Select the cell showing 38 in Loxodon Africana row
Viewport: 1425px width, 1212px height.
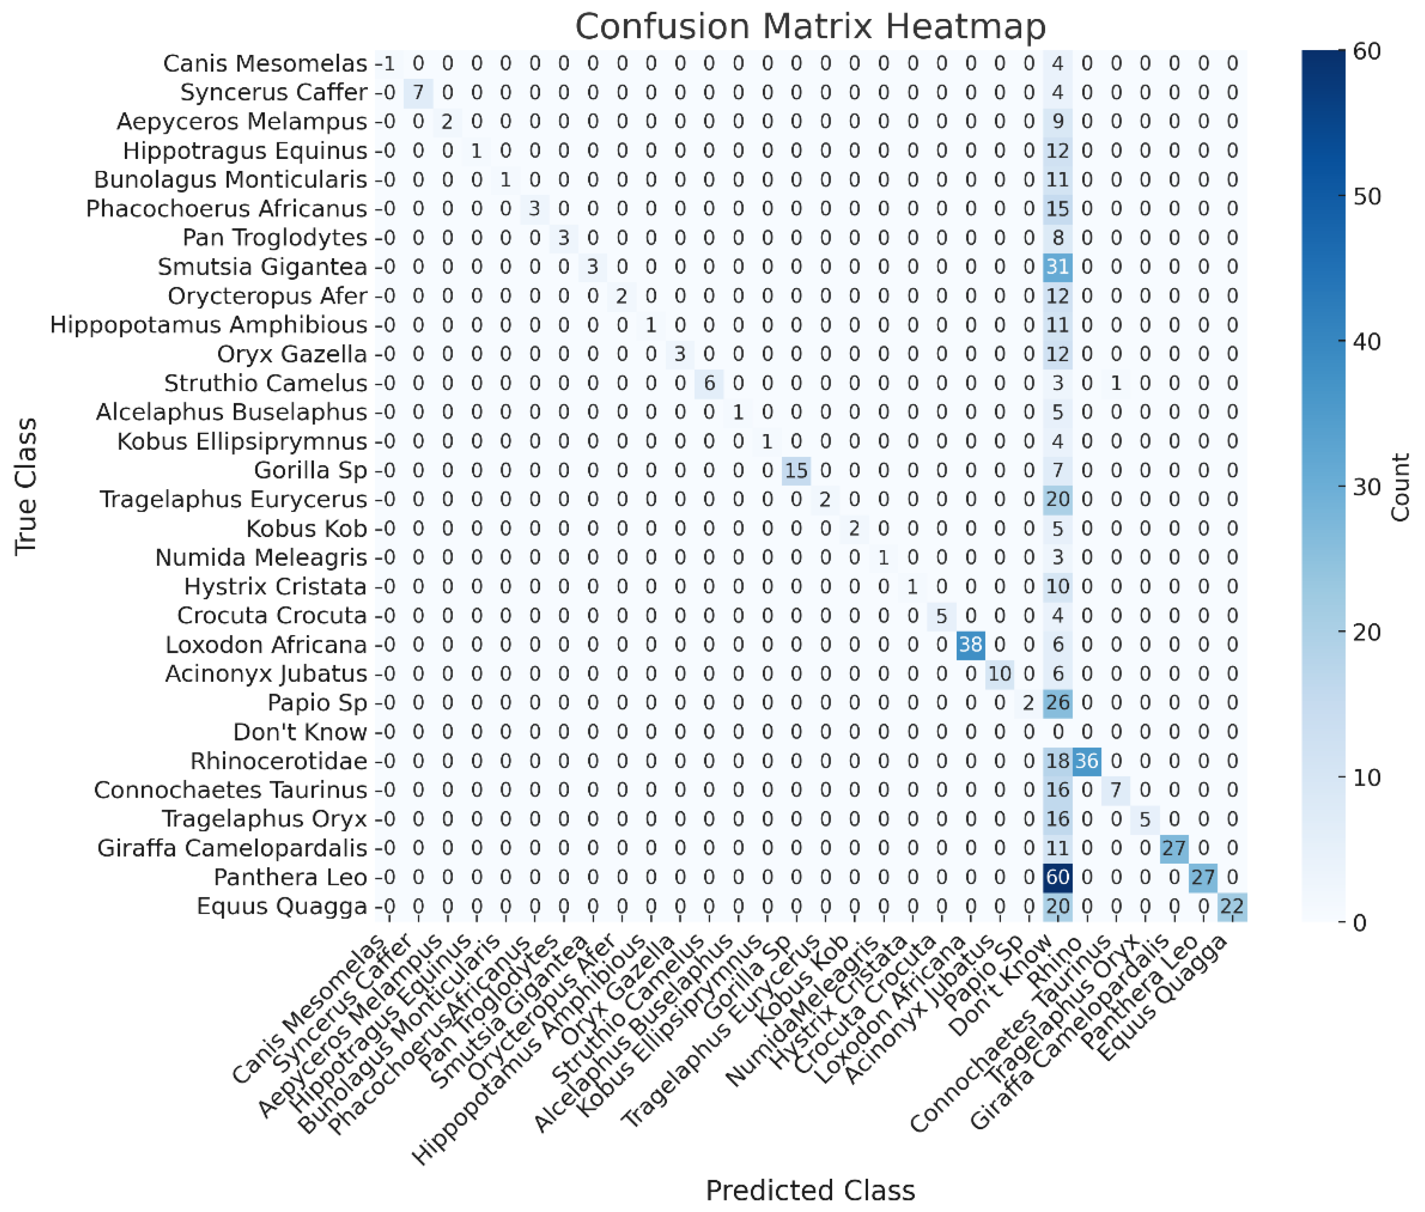tap(970, 645)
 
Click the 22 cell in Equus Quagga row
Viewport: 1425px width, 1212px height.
tap(1232, 906)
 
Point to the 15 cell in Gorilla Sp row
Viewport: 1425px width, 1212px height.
tap(796, 471)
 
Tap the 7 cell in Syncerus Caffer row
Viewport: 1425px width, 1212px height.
tap(418, 92)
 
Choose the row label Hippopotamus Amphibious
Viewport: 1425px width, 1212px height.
tap(208, 325)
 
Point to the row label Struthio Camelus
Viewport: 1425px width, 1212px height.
tap(265, 383)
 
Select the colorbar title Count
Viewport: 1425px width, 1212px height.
tap(1400, 486)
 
